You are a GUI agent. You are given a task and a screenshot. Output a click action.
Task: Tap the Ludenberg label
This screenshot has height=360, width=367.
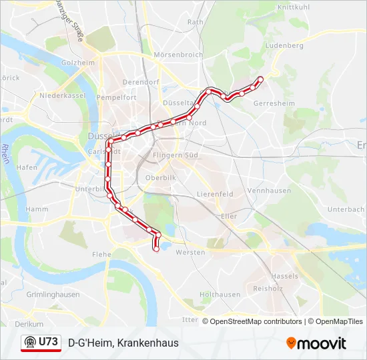pos(284,45)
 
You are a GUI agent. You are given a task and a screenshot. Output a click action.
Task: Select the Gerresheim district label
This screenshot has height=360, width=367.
pos(274,104)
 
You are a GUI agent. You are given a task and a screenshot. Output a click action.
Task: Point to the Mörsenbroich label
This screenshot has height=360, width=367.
pos(177,54)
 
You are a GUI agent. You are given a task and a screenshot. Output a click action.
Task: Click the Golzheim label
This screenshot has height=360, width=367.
pos(78,63)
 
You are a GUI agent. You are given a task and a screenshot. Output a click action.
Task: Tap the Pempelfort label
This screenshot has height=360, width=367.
pos(116,97)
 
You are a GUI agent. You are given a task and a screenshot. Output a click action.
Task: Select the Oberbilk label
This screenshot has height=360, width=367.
pos(159,178)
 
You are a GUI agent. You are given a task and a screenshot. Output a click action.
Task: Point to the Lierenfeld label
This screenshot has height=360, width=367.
pos(215,194)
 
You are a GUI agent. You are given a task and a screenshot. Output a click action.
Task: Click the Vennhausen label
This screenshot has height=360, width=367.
pos(269,191)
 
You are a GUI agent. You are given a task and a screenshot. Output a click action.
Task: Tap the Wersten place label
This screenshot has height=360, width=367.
pos(189,253)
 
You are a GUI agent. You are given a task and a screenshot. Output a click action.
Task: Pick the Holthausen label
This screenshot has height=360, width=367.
pos(220,294)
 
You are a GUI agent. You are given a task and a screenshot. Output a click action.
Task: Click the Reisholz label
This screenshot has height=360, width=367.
pos(268,289)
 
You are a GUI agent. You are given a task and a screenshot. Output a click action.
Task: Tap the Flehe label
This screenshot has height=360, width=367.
pos(101,254)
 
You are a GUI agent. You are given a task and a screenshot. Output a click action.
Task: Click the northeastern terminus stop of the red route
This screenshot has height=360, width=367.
pos(260,79)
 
